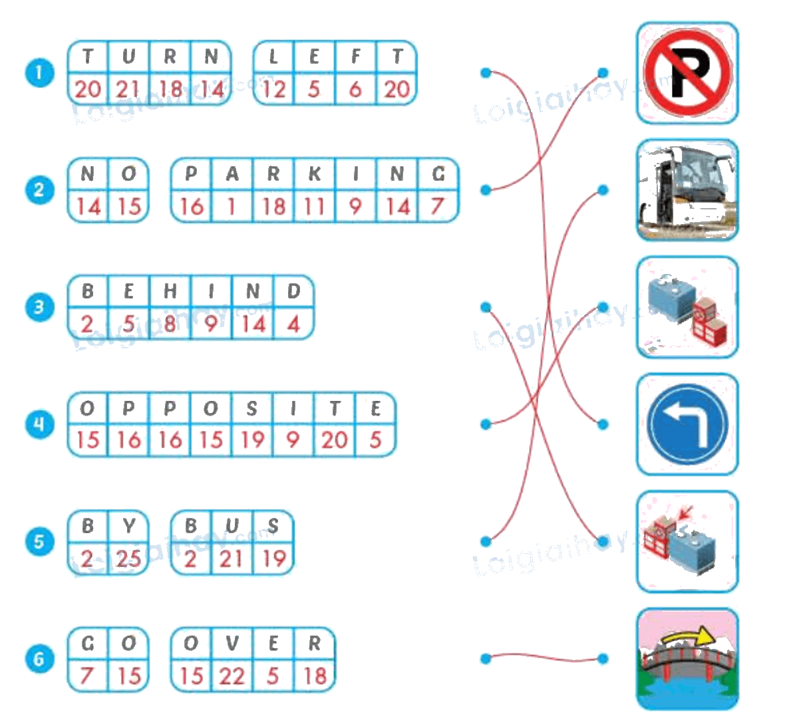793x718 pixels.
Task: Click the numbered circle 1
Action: pos(39,72)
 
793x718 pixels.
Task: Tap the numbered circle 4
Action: pos(39,424)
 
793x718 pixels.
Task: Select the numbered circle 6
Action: pos(39,658)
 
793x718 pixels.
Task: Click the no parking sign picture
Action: pos(687,72)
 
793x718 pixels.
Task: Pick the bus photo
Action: pos(687,190)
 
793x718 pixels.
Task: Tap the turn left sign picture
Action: pos(687,424)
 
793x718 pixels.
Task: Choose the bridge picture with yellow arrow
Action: pos(687,659)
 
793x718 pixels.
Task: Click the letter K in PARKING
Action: pos(314,174)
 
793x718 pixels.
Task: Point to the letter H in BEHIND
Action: pos(170,291)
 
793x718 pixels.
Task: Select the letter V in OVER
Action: pos(232,644)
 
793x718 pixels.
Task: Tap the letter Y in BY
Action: pos(129,526)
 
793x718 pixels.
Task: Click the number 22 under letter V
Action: pos(232,676)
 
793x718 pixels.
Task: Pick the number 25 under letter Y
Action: pos(128,559)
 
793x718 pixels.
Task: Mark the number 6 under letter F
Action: pos(355,90)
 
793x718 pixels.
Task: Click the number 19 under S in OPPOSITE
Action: pos(252,440)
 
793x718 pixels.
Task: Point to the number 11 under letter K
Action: pos(314,207)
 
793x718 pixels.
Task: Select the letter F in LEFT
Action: pos(355,57)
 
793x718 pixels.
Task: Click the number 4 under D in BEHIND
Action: pos(294,324)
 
